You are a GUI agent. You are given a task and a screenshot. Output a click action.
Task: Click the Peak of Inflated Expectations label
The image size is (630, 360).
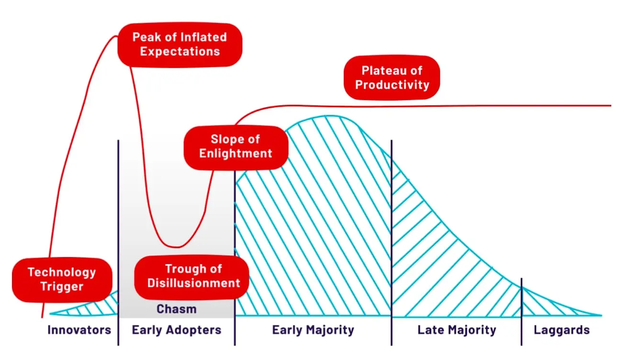click(180, 45)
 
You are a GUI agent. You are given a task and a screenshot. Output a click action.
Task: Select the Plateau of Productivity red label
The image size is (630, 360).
click(392, 78)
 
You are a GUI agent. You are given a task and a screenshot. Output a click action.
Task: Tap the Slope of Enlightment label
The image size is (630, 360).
click(236, 147)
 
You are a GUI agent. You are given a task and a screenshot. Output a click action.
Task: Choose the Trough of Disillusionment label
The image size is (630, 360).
click(191, 277)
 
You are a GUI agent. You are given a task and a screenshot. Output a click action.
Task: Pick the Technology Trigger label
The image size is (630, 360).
click(62, 280)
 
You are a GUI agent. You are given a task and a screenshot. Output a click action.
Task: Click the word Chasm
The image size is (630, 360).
click(177, 309)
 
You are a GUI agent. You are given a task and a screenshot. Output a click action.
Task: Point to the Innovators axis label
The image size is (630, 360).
click(79, 330)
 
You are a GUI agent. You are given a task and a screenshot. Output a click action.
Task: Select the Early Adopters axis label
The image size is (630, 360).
click(177, 330)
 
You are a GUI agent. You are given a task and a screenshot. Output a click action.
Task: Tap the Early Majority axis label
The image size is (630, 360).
click(313, 330)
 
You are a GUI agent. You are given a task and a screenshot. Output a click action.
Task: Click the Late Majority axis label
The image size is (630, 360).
click(457, 330)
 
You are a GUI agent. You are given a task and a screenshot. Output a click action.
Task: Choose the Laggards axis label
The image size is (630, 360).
click(562, 330)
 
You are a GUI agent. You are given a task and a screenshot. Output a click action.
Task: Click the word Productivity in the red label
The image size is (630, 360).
click(392, 85)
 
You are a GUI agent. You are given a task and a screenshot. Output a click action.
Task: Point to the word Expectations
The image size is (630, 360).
click(180, 52)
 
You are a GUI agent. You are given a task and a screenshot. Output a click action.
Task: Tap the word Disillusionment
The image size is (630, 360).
click(194, 283)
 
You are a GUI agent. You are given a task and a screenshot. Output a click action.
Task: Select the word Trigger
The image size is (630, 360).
click(62, 287)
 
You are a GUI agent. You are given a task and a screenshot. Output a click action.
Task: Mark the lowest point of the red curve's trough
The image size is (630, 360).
click(176, 247)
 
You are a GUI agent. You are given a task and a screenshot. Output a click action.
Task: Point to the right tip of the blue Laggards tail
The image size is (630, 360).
click(602, 315)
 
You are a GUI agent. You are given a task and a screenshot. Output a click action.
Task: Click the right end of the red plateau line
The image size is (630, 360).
click(611, 106)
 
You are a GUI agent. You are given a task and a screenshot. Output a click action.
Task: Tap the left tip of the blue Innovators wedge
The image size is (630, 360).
click(50, 314)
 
